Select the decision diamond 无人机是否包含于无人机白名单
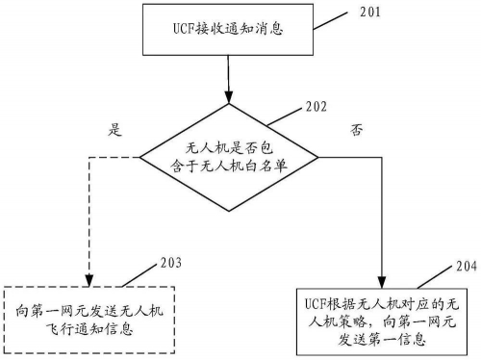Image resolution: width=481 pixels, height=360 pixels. click(229, 157)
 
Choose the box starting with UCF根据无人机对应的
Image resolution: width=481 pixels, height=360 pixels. click(383, 315)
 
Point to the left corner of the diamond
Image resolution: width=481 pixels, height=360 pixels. click(139, 157)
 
